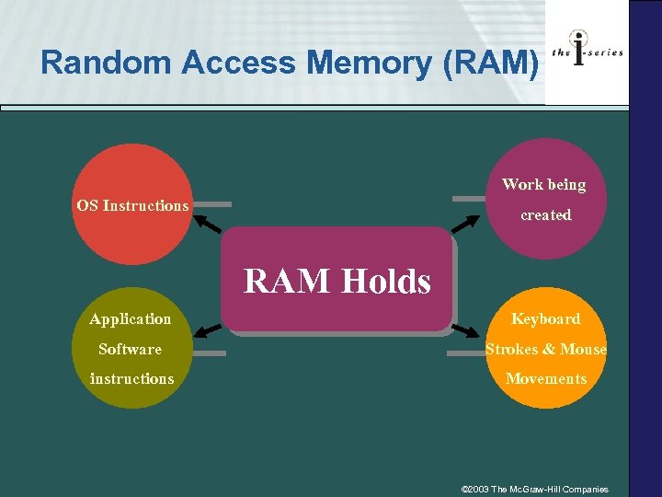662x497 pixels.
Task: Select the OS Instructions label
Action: coord(132,205)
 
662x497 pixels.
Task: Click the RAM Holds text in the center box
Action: coord(337,281)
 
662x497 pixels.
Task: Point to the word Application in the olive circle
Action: coord(130,319)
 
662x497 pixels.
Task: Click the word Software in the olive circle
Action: coord(130,349)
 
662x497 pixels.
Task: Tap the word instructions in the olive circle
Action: coord(131,378)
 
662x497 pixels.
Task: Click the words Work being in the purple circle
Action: coord(543,185)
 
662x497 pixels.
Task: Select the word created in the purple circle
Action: coord(545,214)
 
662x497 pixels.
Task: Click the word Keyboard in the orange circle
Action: coord(545,319)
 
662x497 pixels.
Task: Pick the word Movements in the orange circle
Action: coord(545,378)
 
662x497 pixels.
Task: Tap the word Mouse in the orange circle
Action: coord(583,349)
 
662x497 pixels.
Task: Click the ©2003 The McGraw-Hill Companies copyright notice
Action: coord(534,489)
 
